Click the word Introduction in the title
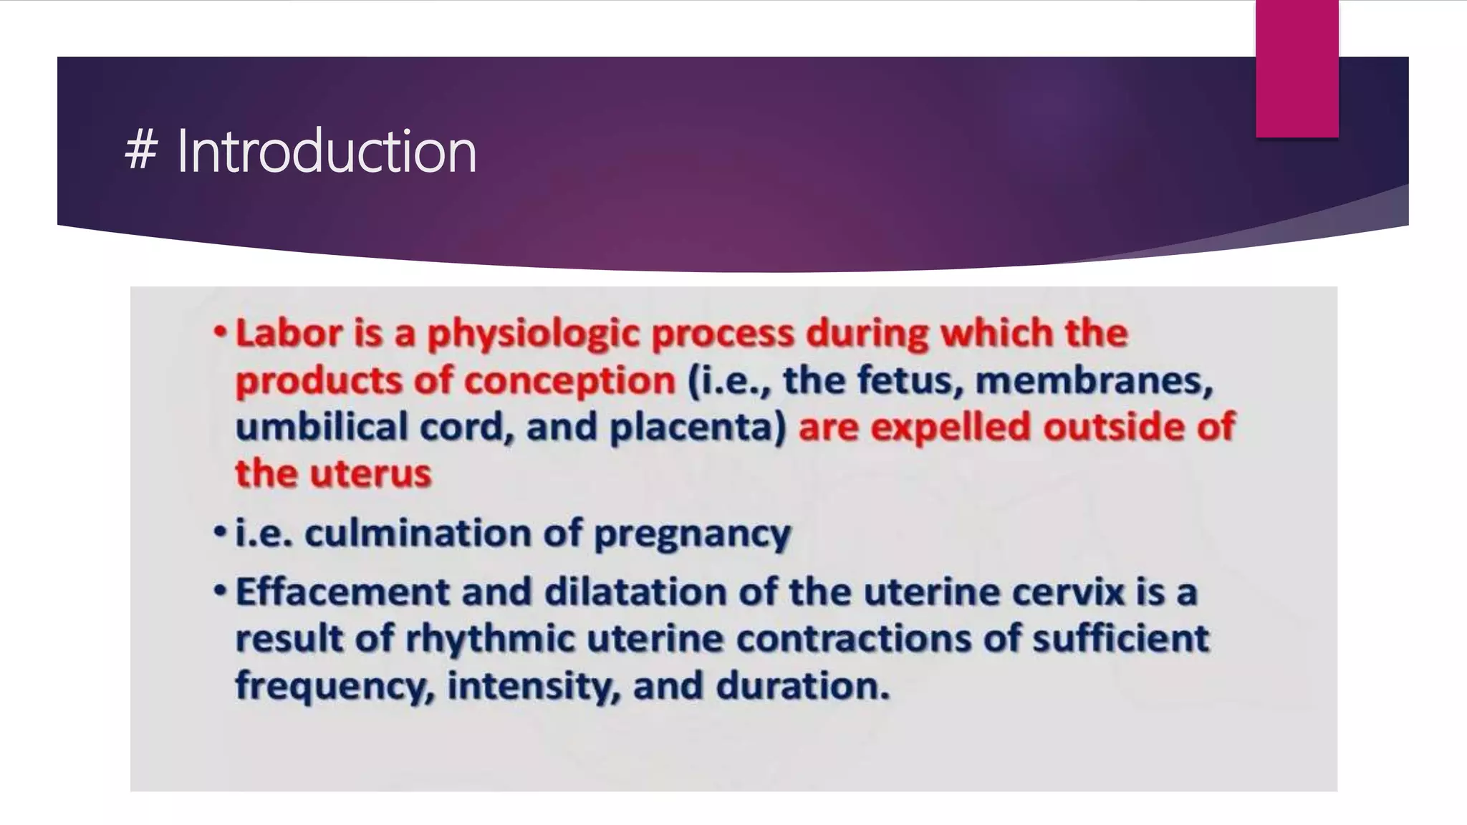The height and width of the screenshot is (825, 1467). pyautogui.click(x=327, y=151)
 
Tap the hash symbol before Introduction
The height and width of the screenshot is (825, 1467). pyautogui.click(x=140, y=151)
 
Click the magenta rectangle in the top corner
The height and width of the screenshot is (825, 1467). pyautogui.click(x=1297, y=68)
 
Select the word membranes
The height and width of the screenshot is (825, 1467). pyautogui.click(x=1093, y=380)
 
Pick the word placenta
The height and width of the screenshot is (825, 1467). pyautogui.click(x=698, y=428)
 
